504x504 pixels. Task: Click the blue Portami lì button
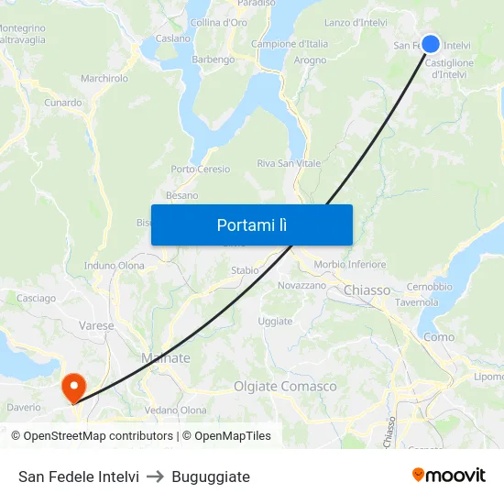(x=251, y=225)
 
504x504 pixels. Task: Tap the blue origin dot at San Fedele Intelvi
(x=430, y=44)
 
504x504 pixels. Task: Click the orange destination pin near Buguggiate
(x=72, y=386)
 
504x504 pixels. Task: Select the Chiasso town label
(x=367, y=290)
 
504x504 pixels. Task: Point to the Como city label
(x=439, y=337)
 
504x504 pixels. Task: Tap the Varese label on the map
(x=97, y=325)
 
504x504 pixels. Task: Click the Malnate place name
(x=166, y=358)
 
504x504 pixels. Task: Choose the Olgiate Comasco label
(x=285, y=387)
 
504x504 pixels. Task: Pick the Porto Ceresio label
(x=200, y=170)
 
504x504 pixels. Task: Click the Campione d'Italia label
(x=290, y=44)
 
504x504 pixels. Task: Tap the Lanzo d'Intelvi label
(x=356, y=23)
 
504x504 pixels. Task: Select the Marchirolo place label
(x=104, y=79)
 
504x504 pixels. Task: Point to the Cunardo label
(x=63, y=103)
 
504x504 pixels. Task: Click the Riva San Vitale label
(x=289, y=164)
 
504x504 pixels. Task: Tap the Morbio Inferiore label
(x=350, y=265)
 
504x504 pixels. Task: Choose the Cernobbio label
(x=429, y=287)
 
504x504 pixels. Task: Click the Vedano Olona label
(x=176, y=410)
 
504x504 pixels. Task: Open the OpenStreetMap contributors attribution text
(x=93, y=436)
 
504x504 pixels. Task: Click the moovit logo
(x=449, y=475)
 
